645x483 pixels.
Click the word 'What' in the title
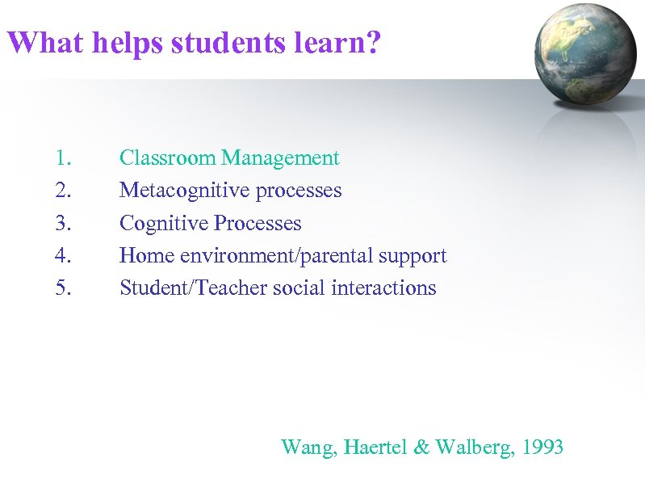[x=44, y=42]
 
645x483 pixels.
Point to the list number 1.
[x=65, y=158]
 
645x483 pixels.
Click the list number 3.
[x=65, y=223]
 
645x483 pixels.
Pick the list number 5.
[x=65, y=288]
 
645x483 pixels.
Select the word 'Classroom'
[x=168, y=158]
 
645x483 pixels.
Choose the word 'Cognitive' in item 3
[x=164, y=223]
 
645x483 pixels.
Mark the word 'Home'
[x=147, y=255]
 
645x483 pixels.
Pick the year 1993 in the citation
[x=542, y=447]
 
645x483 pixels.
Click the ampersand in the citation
[x=421, y=447]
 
